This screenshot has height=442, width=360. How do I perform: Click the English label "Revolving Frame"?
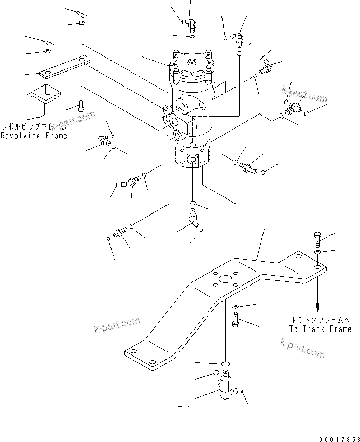[x=34, y=136]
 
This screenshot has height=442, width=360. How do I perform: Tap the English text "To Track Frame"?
[x=320, y=329]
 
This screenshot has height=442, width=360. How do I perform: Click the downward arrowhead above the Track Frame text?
[x=316, y=307]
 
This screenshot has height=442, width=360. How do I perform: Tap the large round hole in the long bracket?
[x=226, y=279]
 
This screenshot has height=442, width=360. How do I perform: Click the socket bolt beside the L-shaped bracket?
[x=81, y=106]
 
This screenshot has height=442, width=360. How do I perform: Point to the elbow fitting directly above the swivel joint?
[x=191, y=22]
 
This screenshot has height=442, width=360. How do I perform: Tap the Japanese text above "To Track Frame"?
[x=322, y=320]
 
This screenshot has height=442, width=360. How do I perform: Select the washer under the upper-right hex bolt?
[x=317, y=252]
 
